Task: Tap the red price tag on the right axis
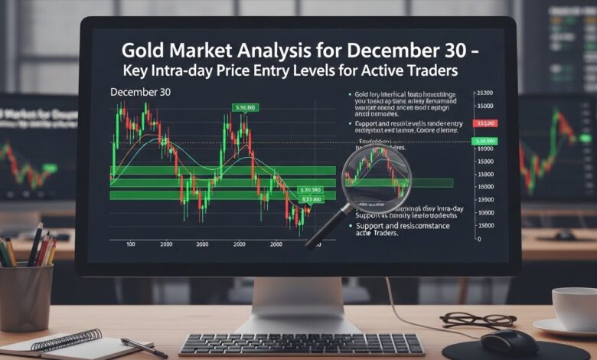[485, 123]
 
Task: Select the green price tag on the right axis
[485, 142]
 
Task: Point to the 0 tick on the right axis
[478, 240]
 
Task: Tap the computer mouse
[508, 341]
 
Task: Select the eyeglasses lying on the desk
[467, 319]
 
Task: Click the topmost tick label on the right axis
[484, 93]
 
